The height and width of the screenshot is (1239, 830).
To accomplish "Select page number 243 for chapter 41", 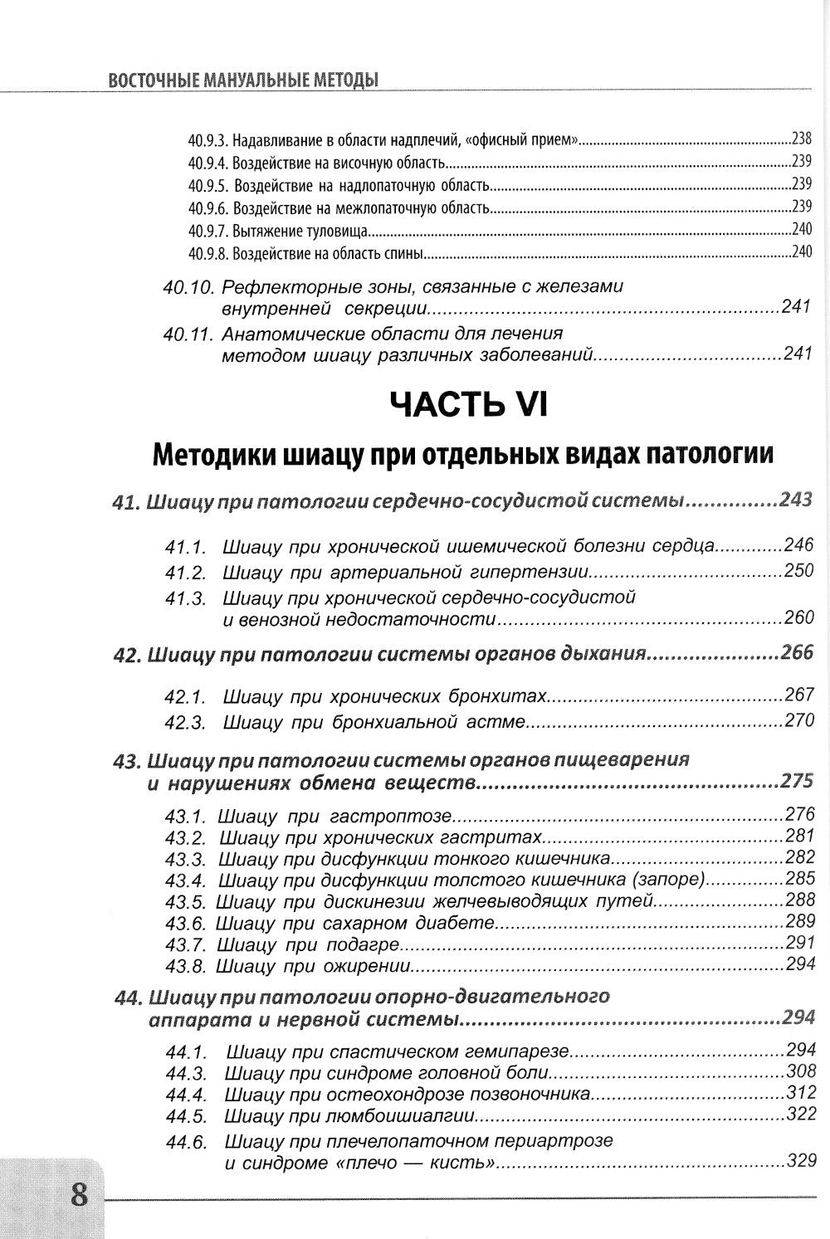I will tap(796, 500).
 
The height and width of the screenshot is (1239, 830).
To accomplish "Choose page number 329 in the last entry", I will tap(800, 1161).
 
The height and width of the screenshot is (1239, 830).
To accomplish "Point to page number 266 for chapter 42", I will tap(797, 652).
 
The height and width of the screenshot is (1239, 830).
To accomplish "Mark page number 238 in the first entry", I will tap(801, 139).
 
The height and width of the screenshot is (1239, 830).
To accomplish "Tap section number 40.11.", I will tap(188, 334).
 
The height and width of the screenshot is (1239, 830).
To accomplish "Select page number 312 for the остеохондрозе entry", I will tap(800, 1092).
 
